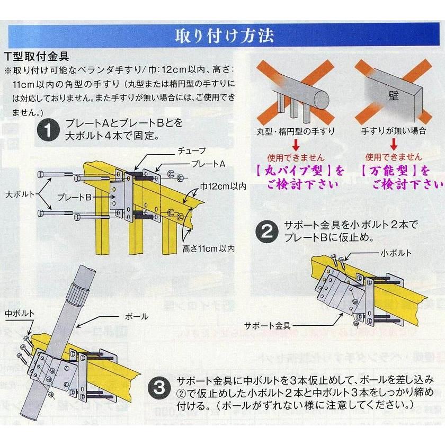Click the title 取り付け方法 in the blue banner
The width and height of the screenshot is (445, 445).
[x=224, y=36]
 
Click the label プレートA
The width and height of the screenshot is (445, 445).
[x=208, y=164]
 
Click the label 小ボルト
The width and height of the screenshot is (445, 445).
[x=396, y=253]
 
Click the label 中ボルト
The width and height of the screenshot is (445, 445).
[x=20, y=314]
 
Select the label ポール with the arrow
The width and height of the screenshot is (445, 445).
[x=138, y=316]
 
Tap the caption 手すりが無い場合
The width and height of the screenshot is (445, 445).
[x=394, y=130]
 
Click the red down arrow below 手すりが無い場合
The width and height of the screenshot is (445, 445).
[x=394, y=144]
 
